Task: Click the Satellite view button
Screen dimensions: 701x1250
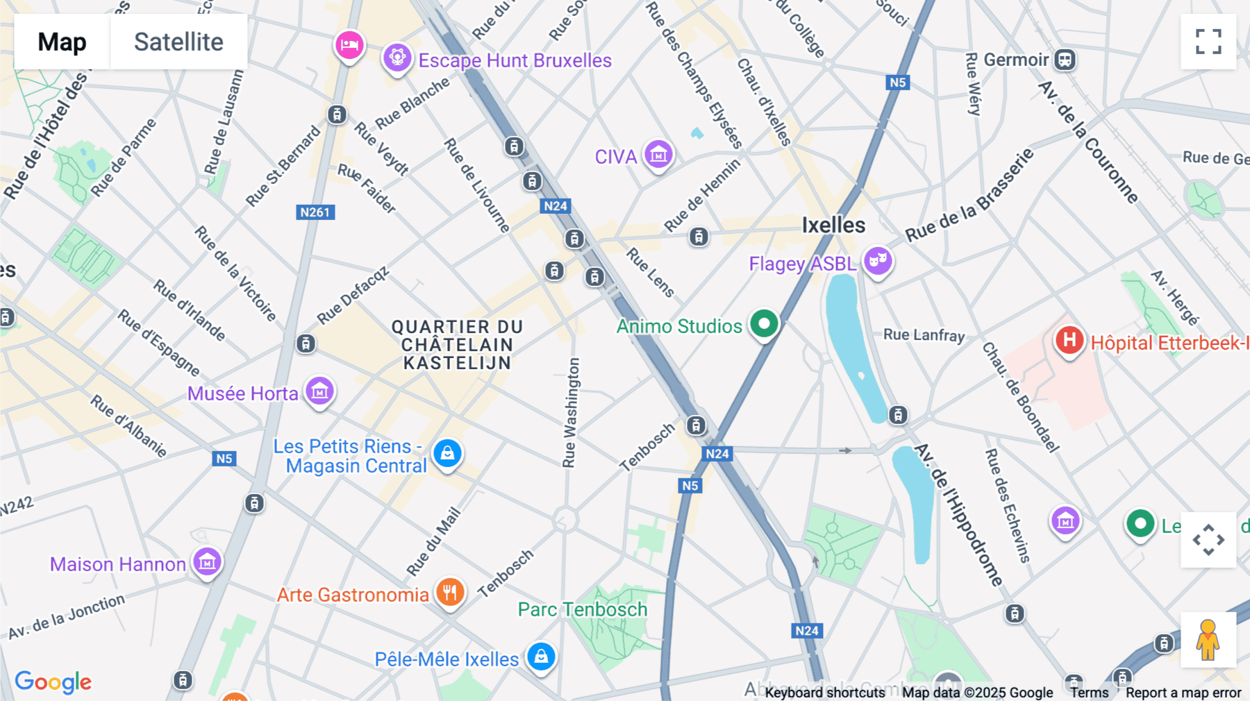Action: tap(178, 42)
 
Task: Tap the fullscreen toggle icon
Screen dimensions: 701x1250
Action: tap(1208, 42)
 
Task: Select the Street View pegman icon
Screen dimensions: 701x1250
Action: tap(1208, 639)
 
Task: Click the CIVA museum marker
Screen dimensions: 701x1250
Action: tap(658, 155)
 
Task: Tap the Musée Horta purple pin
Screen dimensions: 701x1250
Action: tap(319, 391)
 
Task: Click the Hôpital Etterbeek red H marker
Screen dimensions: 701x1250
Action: tap(1069, 341)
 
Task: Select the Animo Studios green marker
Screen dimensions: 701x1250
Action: tap(764, 324)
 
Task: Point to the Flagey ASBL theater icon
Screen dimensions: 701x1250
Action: tap(878, 261)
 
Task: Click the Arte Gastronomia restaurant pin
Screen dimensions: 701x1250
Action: tap(450, 593)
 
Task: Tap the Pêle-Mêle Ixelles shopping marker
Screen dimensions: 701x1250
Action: tap(541, 657)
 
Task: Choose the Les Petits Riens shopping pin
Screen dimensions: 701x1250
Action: tap(447, 454)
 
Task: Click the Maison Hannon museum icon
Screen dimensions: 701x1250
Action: tap(207, 562)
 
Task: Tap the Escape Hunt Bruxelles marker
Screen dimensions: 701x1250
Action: tap(397, 58)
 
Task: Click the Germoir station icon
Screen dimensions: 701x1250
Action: tap(1065, 60)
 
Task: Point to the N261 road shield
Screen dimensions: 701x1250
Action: tap(315, 212)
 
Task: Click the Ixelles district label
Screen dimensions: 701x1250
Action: tap(833, 226)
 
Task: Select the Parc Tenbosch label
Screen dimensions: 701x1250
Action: tap(582, 609)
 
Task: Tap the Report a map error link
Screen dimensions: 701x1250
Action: tap(1183, 693)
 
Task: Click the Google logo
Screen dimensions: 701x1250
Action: tap(53, 682)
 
